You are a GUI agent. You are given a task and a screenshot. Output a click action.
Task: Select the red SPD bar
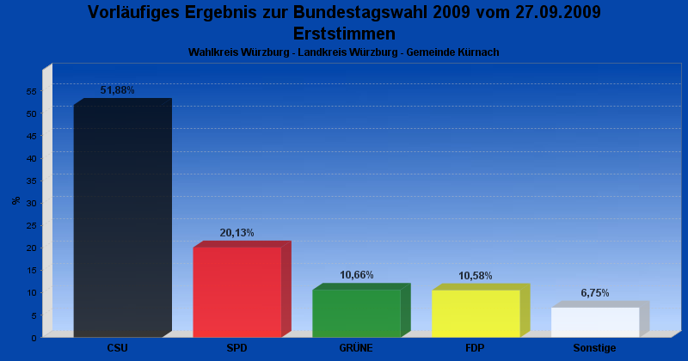pyautogui.click(x=243, y=289)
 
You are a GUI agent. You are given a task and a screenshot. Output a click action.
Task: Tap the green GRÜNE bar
pyautogui.click(x=361, y=310)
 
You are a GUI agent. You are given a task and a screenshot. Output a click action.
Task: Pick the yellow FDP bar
pyautogui.click(x=481, y=310)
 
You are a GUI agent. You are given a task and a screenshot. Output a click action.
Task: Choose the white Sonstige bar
pyautogui.click(x=600, y=319)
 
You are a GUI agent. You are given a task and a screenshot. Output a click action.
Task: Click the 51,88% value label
pyautogui.click(x=117, y=90)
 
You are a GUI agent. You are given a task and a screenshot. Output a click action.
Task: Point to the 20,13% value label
pyautogui.click(x=237, y=233)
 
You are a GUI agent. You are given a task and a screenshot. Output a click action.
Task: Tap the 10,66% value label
pyautogui.click(x=357, y=275)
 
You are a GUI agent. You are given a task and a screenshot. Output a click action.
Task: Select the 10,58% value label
pyautogui.click(x=476, y=276)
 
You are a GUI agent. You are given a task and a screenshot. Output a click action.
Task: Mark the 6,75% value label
pyautogui.click(x=595, y=293)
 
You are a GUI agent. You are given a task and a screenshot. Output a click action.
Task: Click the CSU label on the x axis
pyautogui.click(x=118, y=348)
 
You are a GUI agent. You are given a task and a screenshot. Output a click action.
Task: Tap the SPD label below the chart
pyautogui.click(x=237, y=348)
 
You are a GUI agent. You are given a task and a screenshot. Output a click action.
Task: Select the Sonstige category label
pyautogui.click(x=594, y=348)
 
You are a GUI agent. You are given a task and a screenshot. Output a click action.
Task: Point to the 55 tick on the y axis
pyautogui.click(x=32, y=91)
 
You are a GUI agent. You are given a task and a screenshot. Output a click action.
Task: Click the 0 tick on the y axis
pyautogui.click(x=34, y=338)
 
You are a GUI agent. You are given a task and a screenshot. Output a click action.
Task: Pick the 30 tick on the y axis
pyautogui.click(x=32, y=203)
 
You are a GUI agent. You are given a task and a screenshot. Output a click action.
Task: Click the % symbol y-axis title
pyautogui.click(x=16, y=200)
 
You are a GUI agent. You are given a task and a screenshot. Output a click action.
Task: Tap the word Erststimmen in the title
pyautogui.click(x=345, y=34)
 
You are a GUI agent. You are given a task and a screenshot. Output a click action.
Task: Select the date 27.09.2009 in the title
pyautogui.click(x=558, y=12)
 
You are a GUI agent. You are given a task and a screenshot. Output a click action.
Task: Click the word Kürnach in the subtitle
pyautogui.click(x=478, y=52)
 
